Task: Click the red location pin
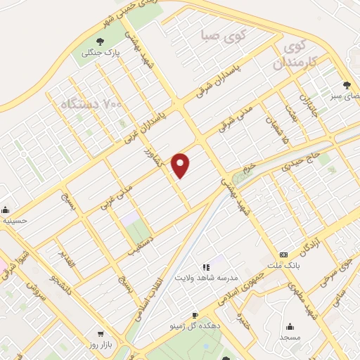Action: click(181, 165)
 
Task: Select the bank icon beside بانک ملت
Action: click(283, 255)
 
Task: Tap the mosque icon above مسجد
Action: click(290, 326)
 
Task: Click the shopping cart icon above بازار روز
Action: click(101, 335)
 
